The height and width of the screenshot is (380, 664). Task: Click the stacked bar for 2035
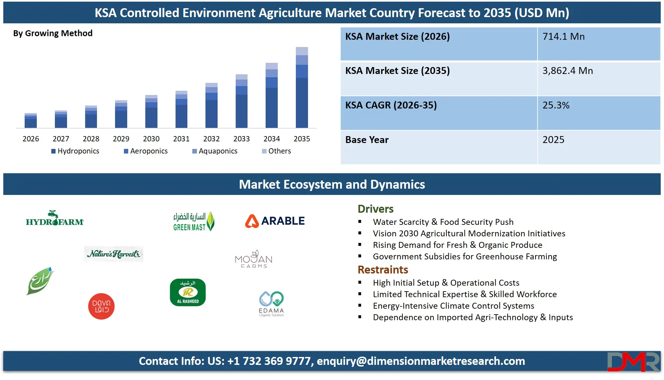(302, 87)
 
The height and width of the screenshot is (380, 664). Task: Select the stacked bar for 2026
(31, 121)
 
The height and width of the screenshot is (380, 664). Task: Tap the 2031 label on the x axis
(181, 139)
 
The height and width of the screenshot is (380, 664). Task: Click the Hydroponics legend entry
(75, 151)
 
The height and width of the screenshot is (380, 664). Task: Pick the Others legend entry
(276, 151)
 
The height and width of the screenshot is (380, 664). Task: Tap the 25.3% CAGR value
(556, 105)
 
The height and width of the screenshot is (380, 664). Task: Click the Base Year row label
(367, 140)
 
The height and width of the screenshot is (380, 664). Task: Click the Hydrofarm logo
(55, 219)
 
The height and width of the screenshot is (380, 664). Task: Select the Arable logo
(275, 221)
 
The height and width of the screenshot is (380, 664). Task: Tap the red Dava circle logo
(101, 306)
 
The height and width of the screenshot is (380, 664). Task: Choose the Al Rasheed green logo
(188, 292)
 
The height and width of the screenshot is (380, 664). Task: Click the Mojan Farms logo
(254, 259)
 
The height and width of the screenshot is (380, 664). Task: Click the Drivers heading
(375, 209)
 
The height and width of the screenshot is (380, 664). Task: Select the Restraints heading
(383, 270)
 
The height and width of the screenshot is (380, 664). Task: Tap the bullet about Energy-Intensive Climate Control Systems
(453, 306)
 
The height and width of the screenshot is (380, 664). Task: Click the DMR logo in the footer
(633, 362)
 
